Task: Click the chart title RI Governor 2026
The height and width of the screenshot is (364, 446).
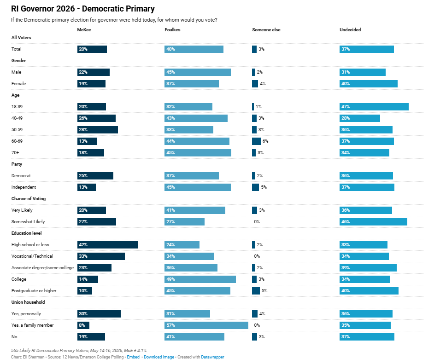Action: (x=83, y=9)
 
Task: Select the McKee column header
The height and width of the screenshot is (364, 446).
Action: (x=84, y=30)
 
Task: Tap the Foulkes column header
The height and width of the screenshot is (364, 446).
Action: (x=172, y=30)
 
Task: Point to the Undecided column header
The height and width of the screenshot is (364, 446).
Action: (x=350, y=30)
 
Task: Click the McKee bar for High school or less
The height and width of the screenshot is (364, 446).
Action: (x=108, y=245)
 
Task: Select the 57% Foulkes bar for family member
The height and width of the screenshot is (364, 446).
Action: (x=206, y=325)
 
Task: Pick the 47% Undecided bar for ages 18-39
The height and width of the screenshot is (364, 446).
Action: (x=374, y=107)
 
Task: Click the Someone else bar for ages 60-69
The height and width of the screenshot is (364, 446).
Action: (x=256, y=141)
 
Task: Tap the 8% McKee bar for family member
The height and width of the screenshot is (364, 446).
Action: (x=83, y=325)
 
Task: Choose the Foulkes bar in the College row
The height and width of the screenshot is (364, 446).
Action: (x=200, y=279)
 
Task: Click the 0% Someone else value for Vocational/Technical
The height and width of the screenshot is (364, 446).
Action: (x=257, y=256)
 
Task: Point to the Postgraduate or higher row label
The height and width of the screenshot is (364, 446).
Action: (x=34, y=291)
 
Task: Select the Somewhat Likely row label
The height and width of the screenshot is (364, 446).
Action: (x=28, y=222)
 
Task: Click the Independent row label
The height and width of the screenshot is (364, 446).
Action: (x=23, y=187)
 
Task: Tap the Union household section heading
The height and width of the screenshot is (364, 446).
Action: (x=28, y=302)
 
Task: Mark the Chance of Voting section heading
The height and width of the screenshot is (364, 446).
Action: (x=29, y=199)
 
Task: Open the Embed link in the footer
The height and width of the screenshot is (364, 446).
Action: (x=133, y=357)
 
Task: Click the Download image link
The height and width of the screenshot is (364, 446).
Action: (x=159, y=357)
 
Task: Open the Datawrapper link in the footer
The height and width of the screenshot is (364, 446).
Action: (x=212, y=357)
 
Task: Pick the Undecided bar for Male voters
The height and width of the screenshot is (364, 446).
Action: (x=362, y=72)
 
